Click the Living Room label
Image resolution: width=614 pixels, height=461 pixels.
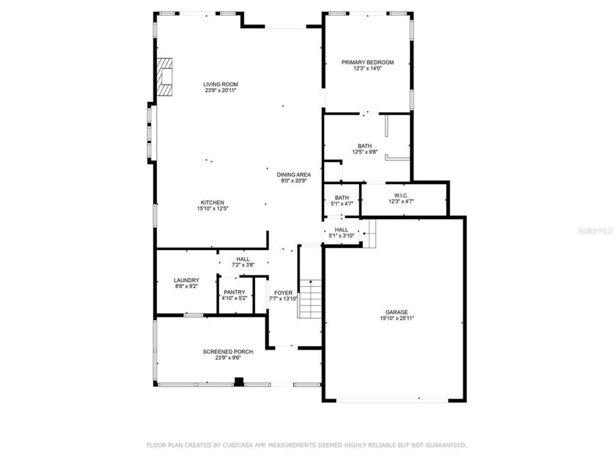click(x=220, y=85)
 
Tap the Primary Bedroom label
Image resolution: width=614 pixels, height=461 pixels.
click(x=367, y=62)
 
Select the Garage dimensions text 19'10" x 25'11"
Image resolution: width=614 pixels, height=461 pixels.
click(x=396, y=318)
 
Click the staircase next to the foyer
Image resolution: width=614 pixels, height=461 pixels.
click(x=310, y=298)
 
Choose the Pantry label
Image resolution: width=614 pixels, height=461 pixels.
click(x=233, y=292)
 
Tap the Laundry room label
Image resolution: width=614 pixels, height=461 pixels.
click(x=186, y=280)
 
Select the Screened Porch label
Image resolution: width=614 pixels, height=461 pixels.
click(x=228, y=352)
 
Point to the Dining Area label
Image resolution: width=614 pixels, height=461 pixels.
click(x=293, y=174)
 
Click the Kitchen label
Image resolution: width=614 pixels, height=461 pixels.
click(x=213, y=202)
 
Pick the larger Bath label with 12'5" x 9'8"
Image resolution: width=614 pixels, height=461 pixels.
click(x=364, y=146)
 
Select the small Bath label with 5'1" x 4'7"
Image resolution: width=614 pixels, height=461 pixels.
click(x=341, y=197)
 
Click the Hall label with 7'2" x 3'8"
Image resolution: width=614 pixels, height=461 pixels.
click(x=243, y=259)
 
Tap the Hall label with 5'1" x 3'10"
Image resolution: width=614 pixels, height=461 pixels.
click(x=341, y=229)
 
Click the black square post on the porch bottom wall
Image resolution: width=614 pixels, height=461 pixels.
click(x=238, y=382)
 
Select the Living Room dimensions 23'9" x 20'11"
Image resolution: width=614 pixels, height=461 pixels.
click(x=220, y=91)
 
